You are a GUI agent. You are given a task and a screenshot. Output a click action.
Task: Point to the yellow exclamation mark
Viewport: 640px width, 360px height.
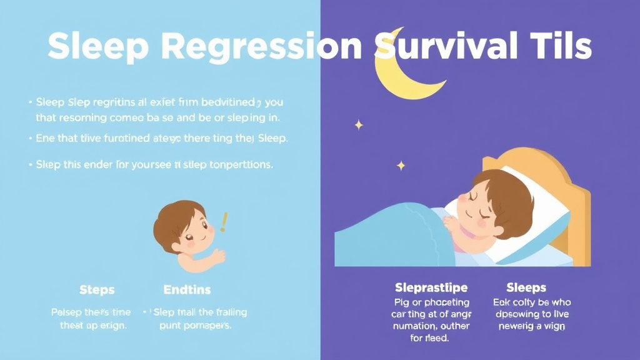[223, 222]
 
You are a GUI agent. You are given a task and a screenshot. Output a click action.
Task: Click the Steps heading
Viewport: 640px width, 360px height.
[97, 290]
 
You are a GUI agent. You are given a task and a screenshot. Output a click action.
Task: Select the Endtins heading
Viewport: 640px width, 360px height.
[187, 290]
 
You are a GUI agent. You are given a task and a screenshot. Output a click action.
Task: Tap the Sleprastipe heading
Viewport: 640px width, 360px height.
[431, 288]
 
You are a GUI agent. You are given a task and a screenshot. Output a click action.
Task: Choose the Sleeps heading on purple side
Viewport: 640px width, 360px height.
[526, 288]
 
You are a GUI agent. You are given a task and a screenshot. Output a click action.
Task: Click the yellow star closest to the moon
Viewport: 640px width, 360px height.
[359, 125]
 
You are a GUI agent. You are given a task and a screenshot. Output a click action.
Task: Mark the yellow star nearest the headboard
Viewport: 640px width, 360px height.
[401, 166]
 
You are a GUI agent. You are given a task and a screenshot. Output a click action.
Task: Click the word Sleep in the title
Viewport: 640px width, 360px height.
[93, 46]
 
